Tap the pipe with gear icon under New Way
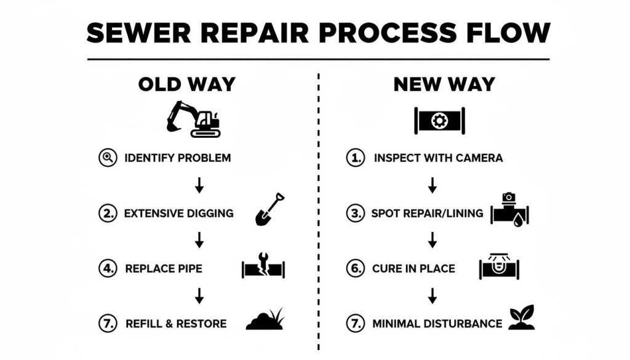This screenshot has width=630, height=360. click(439, 120)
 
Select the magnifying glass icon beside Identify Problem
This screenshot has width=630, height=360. click(108, 158)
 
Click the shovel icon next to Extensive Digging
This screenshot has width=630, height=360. click(270, 209)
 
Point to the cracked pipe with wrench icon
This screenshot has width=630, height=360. click(263, 268)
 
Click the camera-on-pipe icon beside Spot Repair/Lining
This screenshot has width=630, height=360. click(510, 209)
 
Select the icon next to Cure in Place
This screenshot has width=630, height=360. click(499, 267)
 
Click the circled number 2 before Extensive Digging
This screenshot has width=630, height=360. click(108, 214)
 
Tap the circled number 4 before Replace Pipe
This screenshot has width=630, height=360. click(108, 268)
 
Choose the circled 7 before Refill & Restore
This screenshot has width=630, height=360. click(108, 323)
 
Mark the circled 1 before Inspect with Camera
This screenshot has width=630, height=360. click(355, 158)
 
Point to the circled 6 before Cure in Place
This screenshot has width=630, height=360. click(355, 268)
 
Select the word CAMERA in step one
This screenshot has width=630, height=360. click(479, 158)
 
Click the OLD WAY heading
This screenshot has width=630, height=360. click(186, 84)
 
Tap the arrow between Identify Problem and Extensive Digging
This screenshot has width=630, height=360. click(199, 185)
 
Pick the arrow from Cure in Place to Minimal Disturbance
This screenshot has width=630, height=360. click(433, 295)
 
